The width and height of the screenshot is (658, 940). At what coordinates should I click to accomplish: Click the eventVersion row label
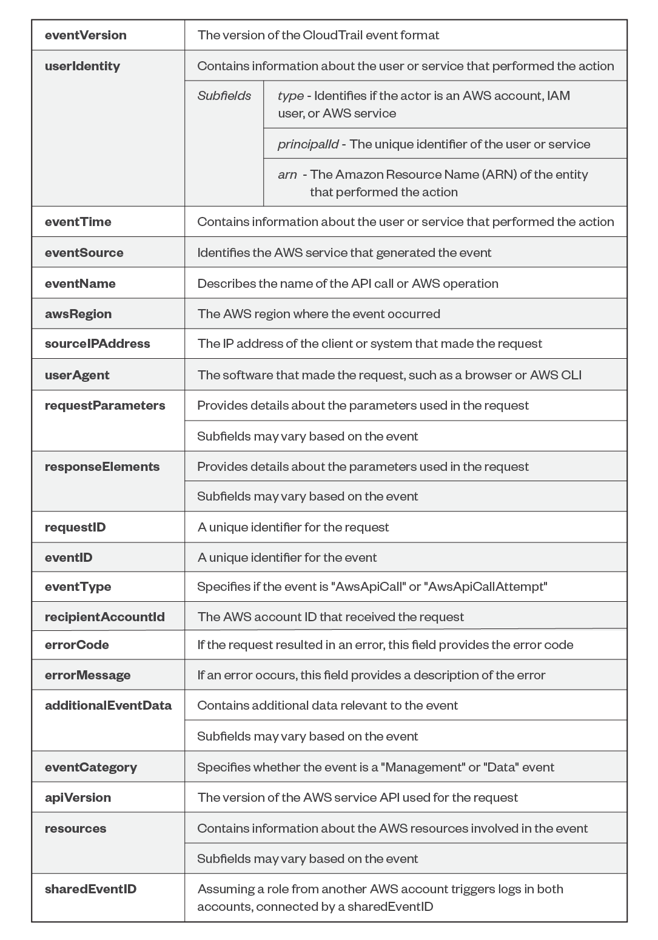(x=86, y=35)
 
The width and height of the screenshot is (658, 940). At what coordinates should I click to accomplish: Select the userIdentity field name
(x=82, y=66)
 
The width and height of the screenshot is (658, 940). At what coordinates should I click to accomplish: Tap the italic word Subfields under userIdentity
(x=224, y=96)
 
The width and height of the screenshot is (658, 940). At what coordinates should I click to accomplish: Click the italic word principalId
(x=308, y=144)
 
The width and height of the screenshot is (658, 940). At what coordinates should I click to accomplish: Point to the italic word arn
(x=287, y=175)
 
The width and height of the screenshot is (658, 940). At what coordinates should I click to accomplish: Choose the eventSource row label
(x=84, y=253)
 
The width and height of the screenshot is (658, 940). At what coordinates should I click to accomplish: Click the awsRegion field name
(x=78, y=314)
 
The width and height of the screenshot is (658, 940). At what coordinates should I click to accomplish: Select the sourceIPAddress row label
(x=97, y=344)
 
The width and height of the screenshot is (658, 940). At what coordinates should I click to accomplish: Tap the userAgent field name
(x=77, y=375)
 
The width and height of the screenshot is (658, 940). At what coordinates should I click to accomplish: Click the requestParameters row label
(x=105, y=405)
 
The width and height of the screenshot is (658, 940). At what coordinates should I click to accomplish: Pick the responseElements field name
(x=102, y=467)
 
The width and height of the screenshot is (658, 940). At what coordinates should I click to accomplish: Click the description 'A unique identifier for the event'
(x=287, y=558)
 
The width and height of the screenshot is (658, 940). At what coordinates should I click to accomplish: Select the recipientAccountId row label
(x=104, y=617)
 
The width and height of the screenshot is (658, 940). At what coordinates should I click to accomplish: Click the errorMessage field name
(x=87, y=675)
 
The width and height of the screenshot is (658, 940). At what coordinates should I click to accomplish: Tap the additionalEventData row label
(x=108, y=705)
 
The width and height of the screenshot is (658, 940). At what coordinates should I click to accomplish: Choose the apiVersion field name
(x=78, y=798)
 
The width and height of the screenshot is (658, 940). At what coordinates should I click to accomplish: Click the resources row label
(x=75, y=828)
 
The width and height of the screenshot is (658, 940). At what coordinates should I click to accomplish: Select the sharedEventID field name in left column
(x=90, y=889)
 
